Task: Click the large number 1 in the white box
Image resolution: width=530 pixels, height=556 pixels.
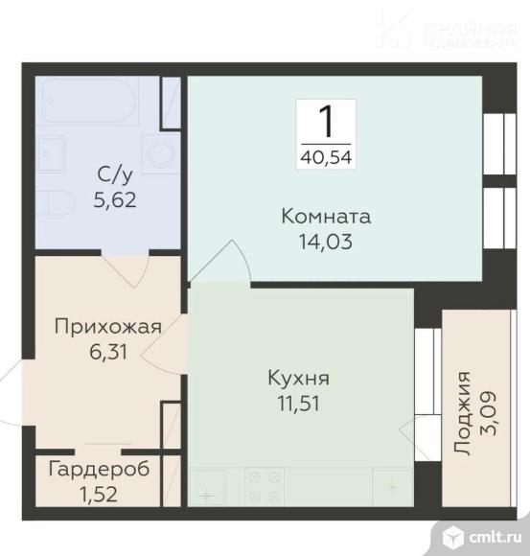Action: tap(326, 122)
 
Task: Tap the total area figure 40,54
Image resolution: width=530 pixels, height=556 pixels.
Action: tap(326, 157)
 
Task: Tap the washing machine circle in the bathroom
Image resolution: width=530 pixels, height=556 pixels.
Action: tap(159, 153)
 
